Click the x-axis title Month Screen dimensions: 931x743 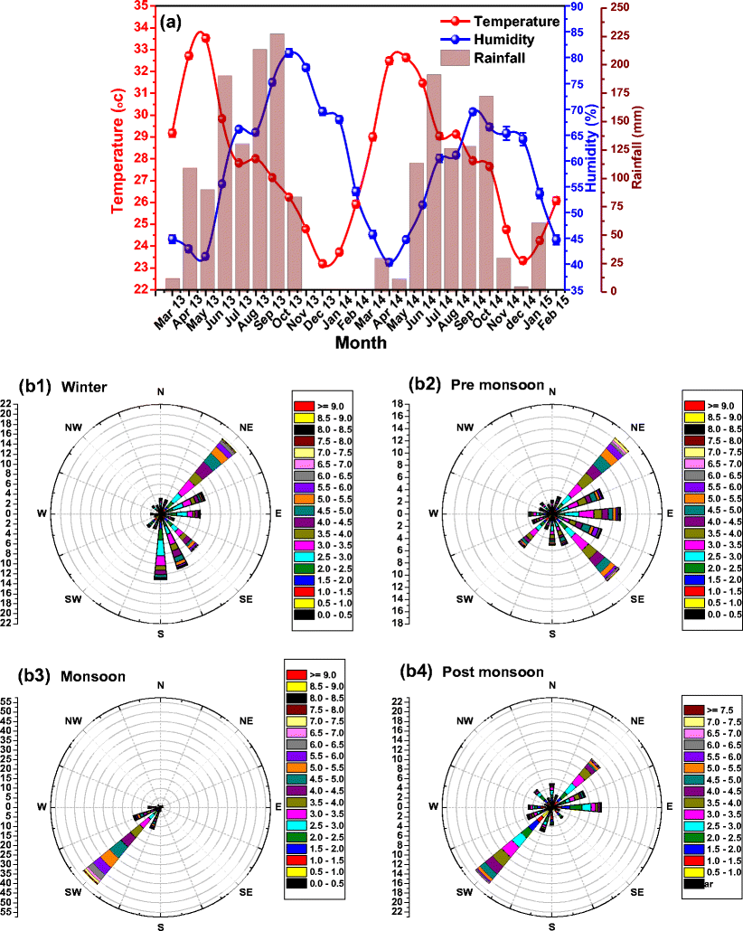click(x=362, y=343)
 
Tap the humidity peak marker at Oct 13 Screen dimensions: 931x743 click(x=288, y=52)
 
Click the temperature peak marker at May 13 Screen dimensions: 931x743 click(x=205, y=38)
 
